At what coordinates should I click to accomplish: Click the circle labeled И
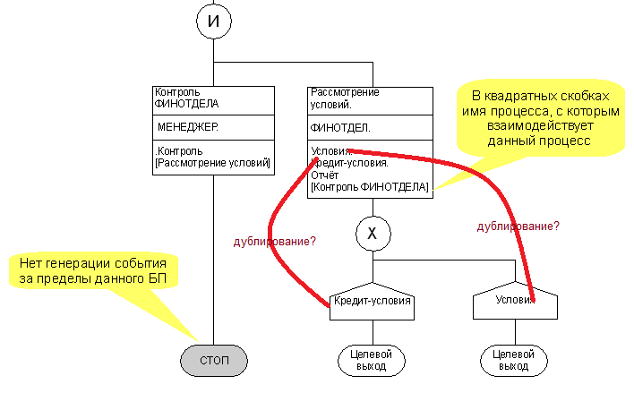click(x=213, y=21)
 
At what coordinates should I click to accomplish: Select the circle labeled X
click(x=373, y=235)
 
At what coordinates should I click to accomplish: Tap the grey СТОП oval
click(x=213, y=360)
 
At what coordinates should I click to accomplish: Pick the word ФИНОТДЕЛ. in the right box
click(x=339, y=128)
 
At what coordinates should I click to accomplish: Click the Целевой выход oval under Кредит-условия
click(x=372, y=360)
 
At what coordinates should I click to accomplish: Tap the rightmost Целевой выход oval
click(x=514, y=360)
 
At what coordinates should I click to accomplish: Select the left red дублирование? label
click(x=275, y=242)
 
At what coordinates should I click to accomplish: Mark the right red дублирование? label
click(x=518, y=226)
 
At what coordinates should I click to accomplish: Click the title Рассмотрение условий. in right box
click(x=344, y=98)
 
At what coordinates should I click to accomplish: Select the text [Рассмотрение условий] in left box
click(x=212, y=163)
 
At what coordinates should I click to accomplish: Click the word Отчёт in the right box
click(x=325, y=175)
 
